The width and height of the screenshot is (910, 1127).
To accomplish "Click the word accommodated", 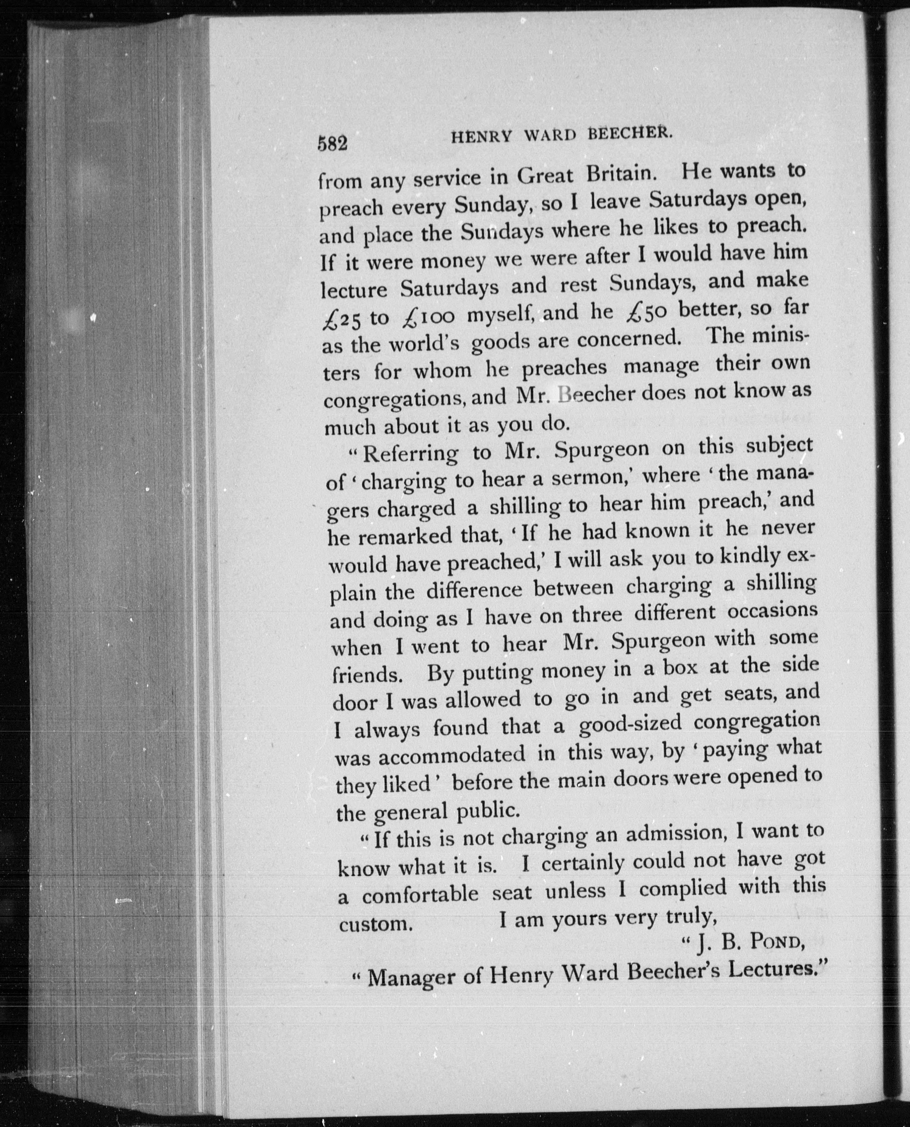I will pyautogui.click(x=451, y=756).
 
